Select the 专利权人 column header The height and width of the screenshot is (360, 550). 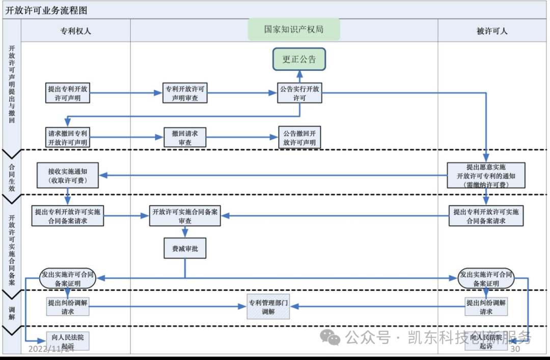[75, 31]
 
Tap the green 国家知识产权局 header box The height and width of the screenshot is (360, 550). [294, 30]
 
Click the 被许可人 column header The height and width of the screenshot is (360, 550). [491, 31]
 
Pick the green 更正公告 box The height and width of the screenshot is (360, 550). [299, 59]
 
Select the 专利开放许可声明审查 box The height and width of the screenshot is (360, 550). [185, 93]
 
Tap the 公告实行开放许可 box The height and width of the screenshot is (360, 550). [299, 93]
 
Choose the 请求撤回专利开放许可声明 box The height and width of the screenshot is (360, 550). [68, 137]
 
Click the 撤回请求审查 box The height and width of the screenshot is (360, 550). [185, 137]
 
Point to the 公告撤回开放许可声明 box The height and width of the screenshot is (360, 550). [299, 137]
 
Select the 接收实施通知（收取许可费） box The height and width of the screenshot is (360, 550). [68, 176]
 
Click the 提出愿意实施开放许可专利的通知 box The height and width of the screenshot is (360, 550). [486, 176]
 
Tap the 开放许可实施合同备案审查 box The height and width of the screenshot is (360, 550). [185, 216]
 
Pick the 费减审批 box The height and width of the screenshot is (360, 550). [185, 249]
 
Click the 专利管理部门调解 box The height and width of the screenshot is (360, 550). [268, 307]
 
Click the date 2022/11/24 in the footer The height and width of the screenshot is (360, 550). [51, 349]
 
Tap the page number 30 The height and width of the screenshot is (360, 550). [515, 349]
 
